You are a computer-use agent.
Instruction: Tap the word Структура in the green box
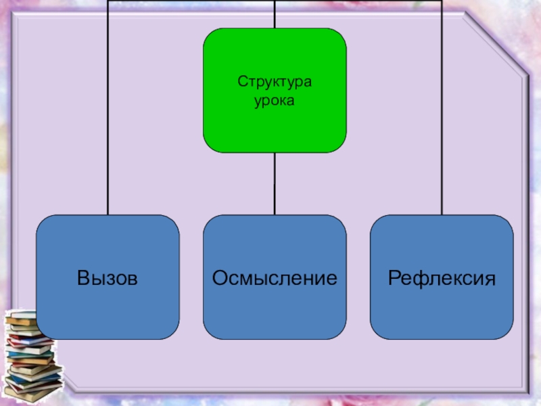coord(275,82)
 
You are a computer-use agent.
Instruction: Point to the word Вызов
coord(108,277)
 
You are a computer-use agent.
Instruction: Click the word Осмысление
coord(275,277)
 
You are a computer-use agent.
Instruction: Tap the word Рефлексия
coord(442,277)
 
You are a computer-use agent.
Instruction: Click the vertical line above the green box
coord(275,14)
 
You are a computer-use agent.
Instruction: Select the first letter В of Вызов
coord(83,277)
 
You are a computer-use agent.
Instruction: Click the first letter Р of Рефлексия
coord(394,277)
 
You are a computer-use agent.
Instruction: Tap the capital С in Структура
coord(241,82)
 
